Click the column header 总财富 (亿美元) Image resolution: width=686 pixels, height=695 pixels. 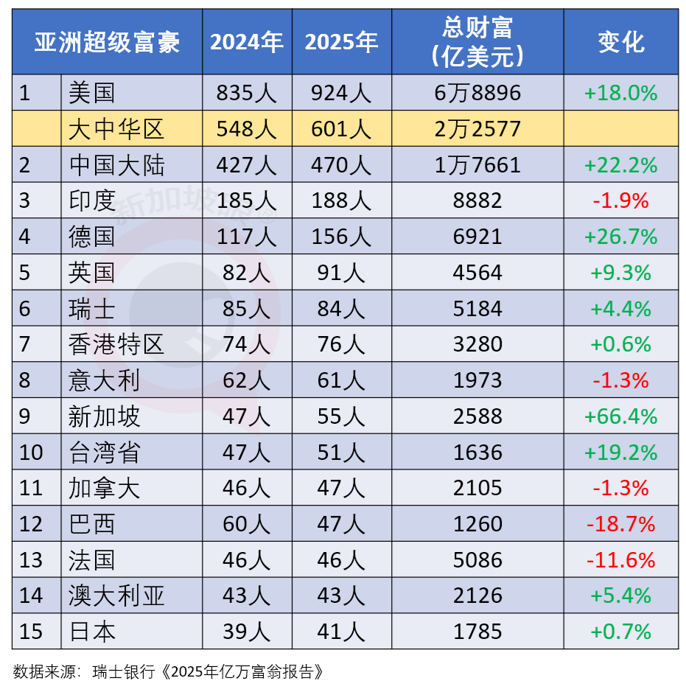point(477,41)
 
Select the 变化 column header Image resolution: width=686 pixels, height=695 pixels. point(620,42)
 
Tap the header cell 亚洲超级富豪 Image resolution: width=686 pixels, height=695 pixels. point(107,42)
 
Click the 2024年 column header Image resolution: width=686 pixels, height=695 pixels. point(247,42)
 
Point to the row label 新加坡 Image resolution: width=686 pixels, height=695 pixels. point(103,417)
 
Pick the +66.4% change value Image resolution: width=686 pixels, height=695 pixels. point(620,417)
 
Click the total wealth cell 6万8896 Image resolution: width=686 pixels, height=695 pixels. point(477,93)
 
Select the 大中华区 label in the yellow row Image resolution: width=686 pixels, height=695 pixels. point(116,130)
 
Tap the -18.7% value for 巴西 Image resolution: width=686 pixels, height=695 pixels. point(620,525)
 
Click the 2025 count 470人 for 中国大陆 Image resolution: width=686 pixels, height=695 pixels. point(341,165)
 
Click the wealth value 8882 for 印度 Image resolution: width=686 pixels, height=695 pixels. point(477,201)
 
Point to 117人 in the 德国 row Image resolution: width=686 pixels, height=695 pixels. point(247,237)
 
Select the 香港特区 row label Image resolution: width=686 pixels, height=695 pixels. point(116,345)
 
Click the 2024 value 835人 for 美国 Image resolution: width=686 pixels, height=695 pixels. point(247,93)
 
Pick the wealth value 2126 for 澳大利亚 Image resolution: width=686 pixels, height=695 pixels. point(477,596)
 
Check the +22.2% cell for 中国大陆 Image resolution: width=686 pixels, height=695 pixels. point(620,165)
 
